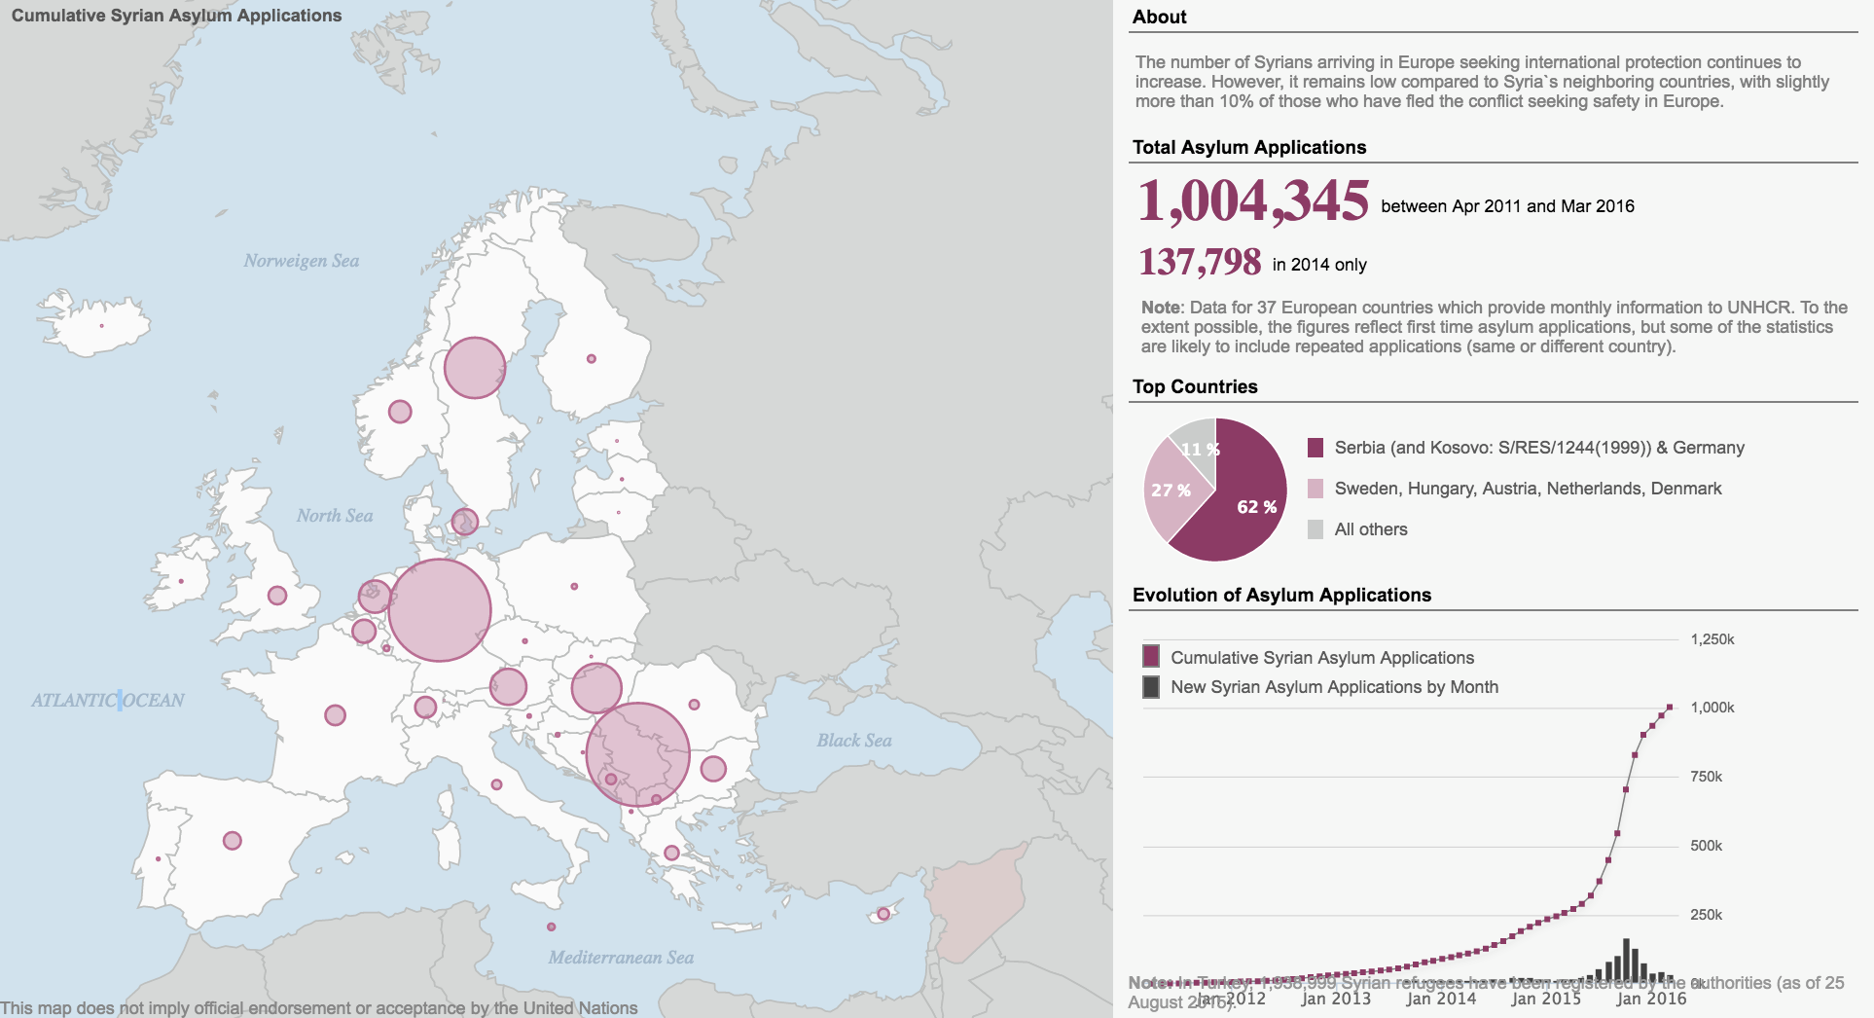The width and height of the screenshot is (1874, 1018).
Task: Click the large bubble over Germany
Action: pos(440,610)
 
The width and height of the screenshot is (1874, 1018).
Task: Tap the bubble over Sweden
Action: pos(475,368)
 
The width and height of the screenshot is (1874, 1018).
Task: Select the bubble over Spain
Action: pos(233,840)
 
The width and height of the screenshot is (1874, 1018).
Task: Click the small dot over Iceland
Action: pos(101,326)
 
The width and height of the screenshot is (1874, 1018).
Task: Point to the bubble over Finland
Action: pos(591,359)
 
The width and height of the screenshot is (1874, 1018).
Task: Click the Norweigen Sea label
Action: pos(302,261)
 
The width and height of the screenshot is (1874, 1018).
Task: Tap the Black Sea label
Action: pos(854,741)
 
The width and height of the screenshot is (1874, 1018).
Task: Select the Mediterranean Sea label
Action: pos(621,958)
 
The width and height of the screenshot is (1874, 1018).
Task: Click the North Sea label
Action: pos(335,516)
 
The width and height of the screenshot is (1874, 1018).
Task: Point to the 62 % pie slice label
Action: pos(1256,507)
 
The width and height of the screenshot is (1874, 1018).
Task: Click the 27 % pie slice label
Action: pos(1171,491)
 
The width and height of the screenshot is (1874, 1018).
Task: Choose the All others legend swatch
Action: pos(1315,529)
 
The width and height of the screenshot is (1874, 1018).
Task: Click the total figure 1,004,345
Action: pos(1253,201)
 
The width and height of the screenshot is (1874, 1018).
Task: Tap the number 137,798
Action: pos(1200,262)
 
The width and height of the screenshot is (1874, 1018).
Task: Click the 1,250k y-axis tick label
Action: pos(1712,639)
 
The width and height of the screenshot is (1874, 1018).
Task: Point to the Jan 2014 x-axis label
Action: pos(1441,999)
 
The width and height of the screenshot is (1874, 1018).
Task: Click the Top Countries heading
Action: pos(1195,386)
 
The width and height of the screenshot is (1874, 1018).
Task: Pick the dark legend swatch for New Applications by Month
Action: pos(1151,687)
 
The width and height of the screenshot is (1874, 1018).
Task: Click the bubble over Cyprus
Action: pos(883,914)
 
